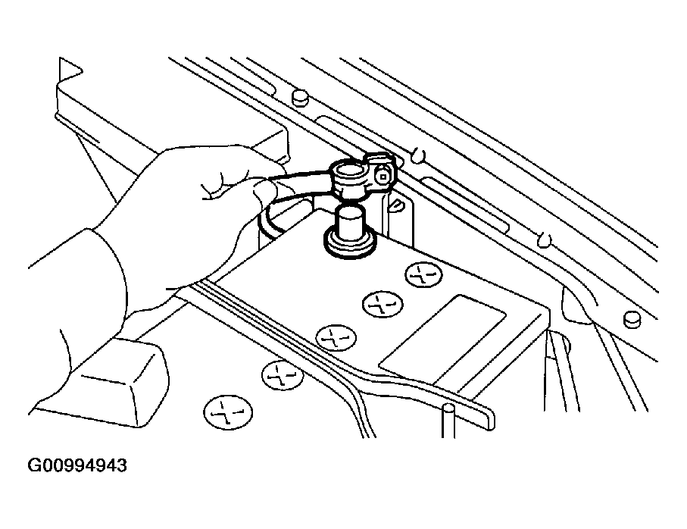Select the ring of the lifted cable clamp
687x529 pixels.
[x=348, y=177]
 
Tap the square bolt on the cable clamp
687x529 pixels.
[x=384, y=176]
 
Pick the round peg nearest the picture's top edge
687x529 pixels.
[x=298, y=96]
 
